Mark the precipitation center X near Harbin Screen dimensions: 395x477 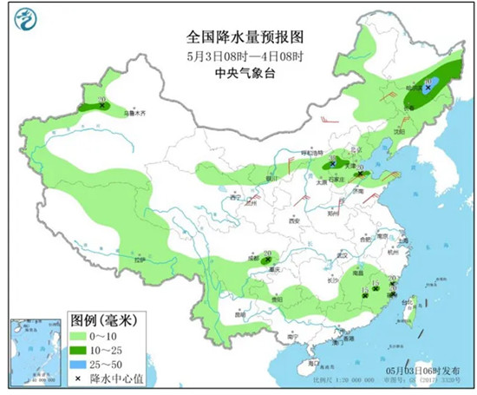[x=428, y=88]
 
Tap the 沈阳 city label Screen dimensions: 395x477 [x=399, y=132]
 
